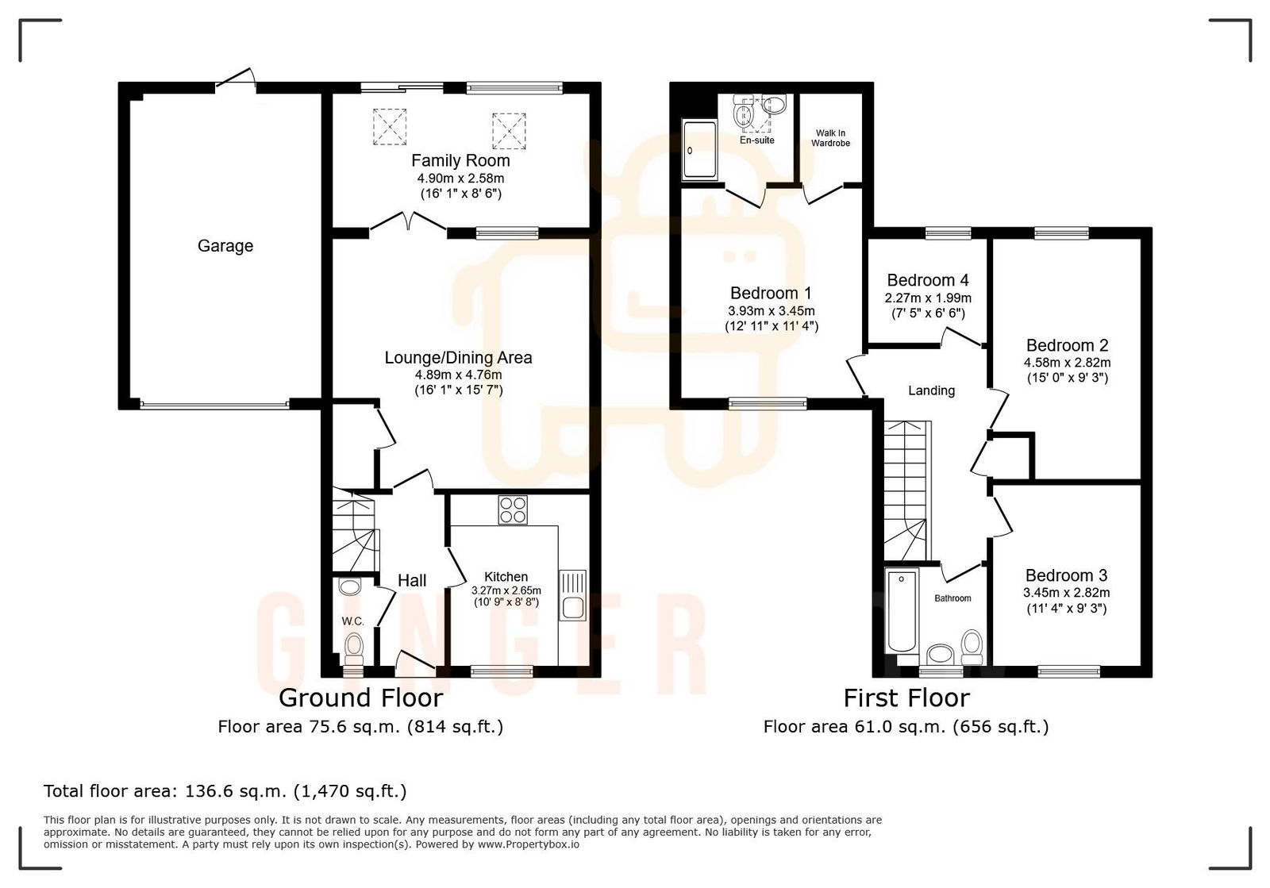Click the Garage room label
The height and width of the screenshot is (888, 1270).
pyautogui.click(x=225, y=246)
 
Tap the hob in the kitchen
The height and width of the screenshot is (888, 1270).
pyautogui.click(x=513, y=509)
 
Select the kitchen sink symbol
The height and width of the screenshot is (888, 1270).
pyautogui.click(x=572, y=596)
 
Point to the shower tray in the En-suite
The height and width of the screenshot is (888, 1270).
pyautogui.click(x=698, y=149)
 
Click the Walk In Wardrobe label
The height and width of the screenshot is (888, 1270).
pyautogui.click(x=830, y=138)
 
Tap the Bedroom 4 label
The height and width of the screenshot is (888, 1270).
pyautogui.click(x=927, y=280)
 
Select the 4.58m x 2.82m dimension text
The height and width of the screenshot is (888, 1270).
pyautogui.click(x=1066, y=363)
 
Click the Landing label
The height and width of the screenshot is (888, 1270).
pyautogui.click(x=931, y=390)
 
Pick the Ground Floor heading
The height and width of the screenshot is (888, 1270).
pyautogui.click(x=360, y=698)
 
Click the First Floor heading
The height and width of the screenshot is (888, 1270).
pyautogui.click(x=906, y=698)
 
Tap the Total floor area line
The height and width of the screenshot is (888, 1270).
pyautogui.click(x=225, y=791)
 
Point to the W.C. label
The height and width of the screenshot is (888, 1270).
pyautogui.click(x=352, y=621)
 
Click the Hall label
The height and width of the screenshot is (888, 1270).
pyautogui.click(x=412, y=581)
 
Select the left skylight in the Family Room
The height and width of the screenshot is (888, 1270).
pyautogui.click(x=389, y=127)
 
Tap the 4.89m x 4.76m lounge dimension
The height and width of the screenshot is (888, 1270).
pyautogui.click(x=458, y=375)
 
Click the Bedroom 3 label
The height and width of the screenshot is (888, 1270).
pyautogui.click(x=1066, y=575)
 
